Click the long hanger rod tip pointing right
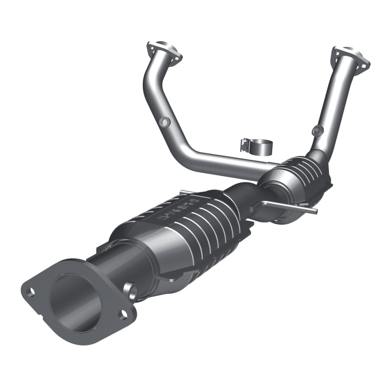click(314, 211)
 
